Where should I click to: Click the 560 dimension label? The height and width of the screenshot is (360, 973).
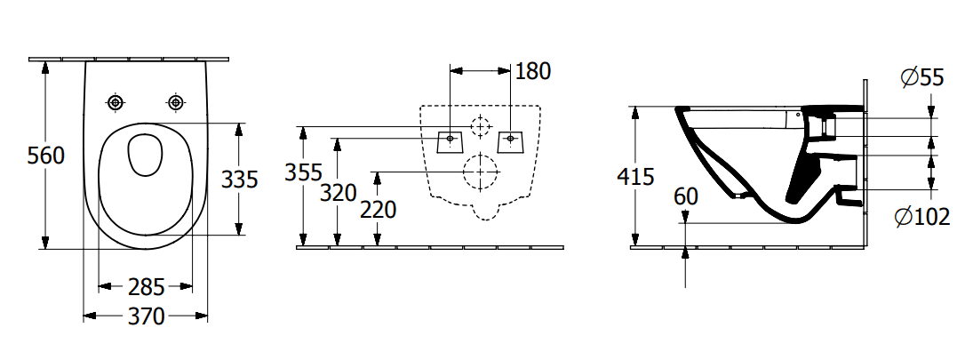[x=45, y=156]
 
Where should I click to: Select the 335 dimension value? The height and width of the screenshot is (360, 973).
[x=239, y=180]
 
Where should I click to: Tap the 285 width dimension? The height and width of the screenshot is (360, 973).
[x=146, y=287]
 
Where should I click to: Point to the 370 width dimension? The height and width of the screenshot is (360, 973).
[x=146, y=315]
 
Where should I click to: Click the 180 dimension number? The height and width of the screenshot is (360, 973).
[x=533, y=70]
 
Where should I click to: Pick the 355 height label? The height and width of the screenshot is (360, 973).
[x=303, y=172]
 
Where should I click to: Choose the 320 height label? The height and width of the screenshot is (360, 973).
[x=338, y=192]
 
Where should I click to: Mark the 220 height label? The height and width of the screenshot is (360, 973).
[x=378, y=210]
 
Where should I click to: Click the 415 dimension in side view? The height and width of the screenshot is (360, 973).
[x=635, y=176]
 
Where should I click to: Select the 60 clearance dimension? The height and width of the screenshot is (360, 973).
[x=685, y=196]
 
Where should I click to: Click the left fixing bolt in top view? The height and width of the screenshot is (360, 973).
[x=116, y=103]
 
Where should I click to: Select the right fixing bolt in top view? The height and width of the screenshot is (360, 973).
[x=176, y=103]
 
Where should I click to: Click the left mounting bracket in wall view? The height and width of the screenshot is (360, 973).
[x=451, y=140]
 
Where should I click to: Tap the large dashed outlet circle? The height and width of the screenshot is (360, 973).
[x=481, y=172]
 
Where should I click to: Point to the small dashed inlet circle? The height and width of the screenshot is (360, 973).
[x=481, y=126]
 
